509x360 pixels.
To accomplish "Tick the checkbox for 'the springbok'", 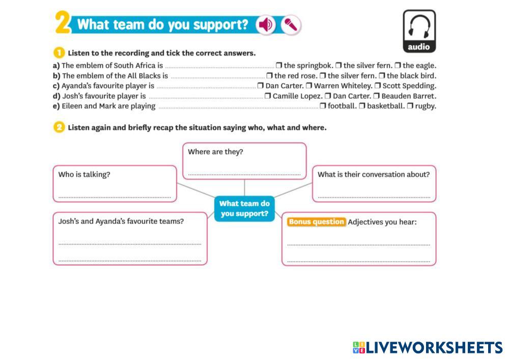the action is pyautogui.click(x=279, y=66).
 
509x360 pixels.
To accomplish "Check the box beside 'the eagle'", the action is pyautogui.click(x=398, y=66).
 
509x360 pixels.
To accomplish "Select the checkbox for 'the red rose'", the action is pyautogui.click(x=269, y=76).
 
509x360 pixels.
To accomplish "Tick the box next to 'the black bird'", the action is pyautogui.click(x=382, y=76).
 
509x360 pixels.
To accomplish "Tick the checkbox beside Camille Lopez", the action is pyautogui.click(x=268, y=96).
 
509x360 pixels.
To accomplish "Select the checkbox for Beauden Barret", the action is pyautogui.click(x=376, y=96).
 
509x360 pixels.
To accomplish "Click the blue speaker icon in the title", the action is pyautogui.click(x=265, y=24).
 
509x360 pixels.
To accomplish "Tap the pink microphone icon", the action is pyautogui.click(x=291, y=24).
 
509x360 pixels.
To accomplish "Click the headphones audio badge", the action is pyautogui.click(x=419, y=31).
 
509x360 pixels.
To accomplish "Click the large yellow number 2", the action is pyautogui.click(x=62, y=23).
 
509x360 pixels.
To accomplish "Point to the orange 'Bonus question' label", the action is pyautogui.click(x=316, y=222).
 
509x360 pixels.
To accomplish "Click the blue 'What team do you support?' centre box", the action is pyautogui.click(x=244, y=209).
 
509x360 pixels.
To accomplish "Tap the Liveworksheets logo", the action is pyautogui.click(x=428, y=348).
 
